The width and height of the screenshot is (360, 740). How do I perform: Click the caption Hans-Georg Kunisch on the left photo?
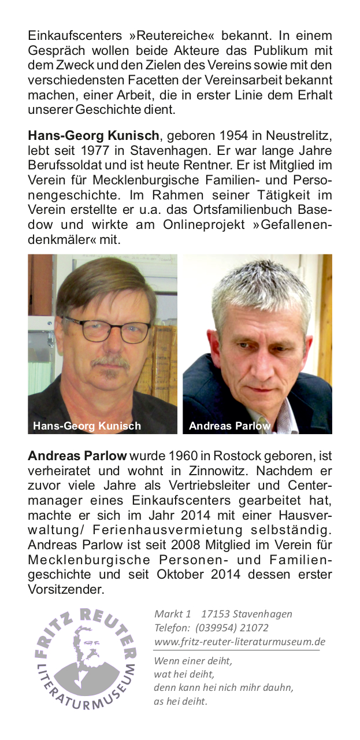click(x=87, y=426)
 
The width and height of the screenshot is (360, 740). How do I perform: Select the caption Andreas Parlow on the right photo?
click(x=229, y=426)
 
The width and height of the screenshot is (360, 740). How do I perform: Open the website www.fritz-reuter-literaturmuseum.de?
click(x=239, y=642)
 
